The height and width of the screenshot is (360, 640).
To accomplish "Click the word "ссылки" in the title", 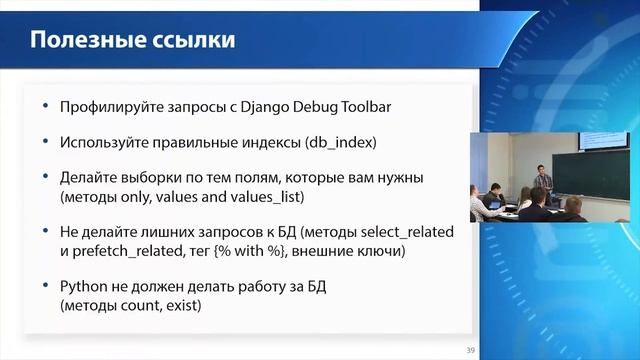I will click(x=194, y=41).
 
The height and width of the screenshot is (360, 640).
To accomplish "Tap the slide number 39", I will click(x=470, y=350).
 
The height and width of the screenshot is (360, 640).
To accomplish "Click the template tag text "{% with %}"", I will click(x=259, y=249).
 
